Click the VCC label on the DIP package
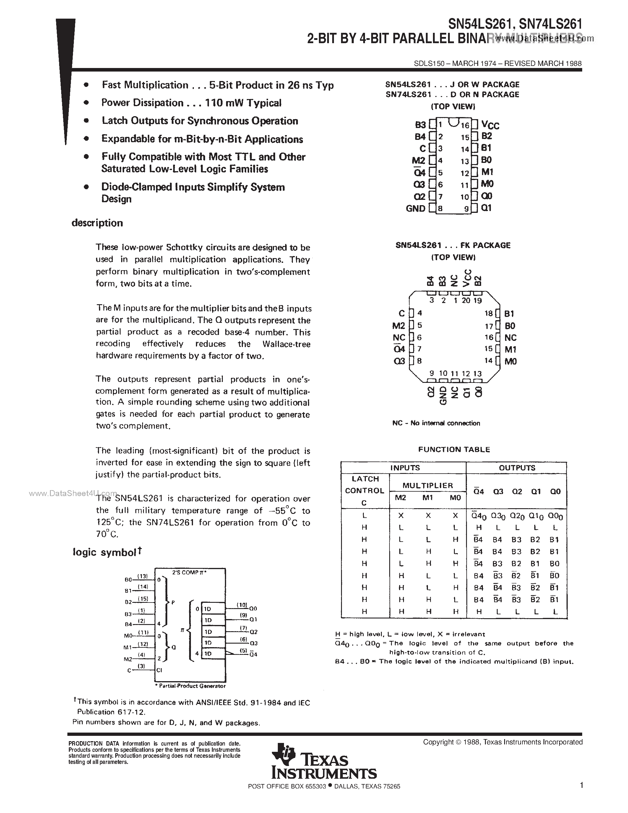pos(490,125)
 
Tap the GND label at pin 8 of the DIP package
pos(415,208)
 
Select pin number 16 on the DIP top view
pos(465,125)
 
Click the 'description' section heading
pos(97,223)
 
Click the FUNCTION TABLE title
pos(454,449)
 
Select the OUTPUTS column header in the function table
pos(517,468)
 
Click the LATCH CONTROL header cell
pos(365,490)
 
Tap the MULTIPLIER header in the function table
pos(427,485)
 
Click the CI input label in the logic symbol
pos(159,670)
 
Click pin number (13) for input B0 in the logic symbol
pos(143,576)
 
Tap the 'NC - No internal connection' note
pos(436,423)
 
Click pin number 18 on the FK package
pos(489,314)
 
